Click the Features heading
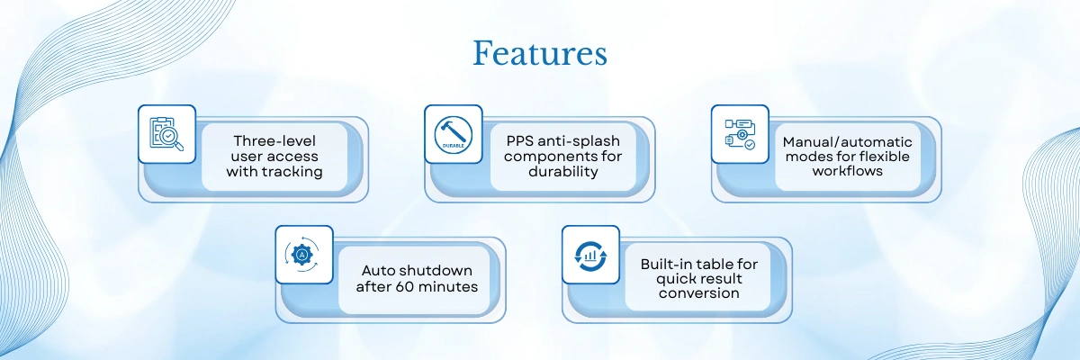[x=540, y=54]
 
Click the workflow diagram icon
[x=740, y=134]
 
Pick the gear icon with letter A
[x=303, y=255]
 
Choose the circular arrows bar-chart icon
[x=590, y=255]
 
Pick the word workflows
[x=848, y=171]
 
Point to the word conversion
[x=699, y=293]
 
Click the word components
[x=544, y=156]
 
